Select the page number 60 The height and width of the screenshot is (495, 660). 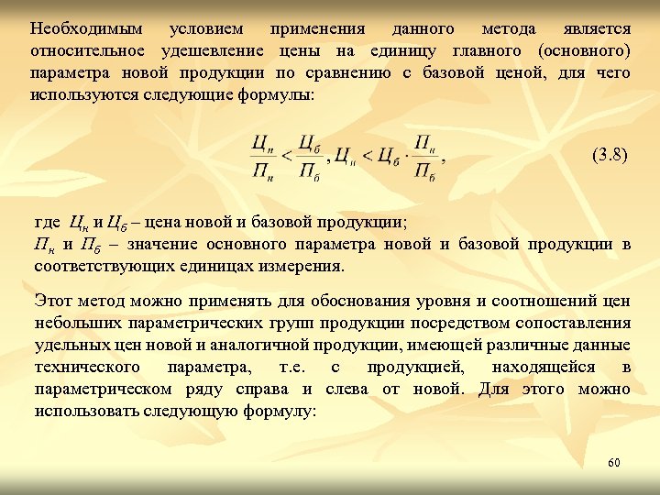(x=613, y=463)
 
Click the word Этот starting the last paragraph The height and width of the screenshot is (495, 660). (x=51, y=301)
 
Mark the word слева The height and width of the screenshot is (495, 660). (x=347, y=389)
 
